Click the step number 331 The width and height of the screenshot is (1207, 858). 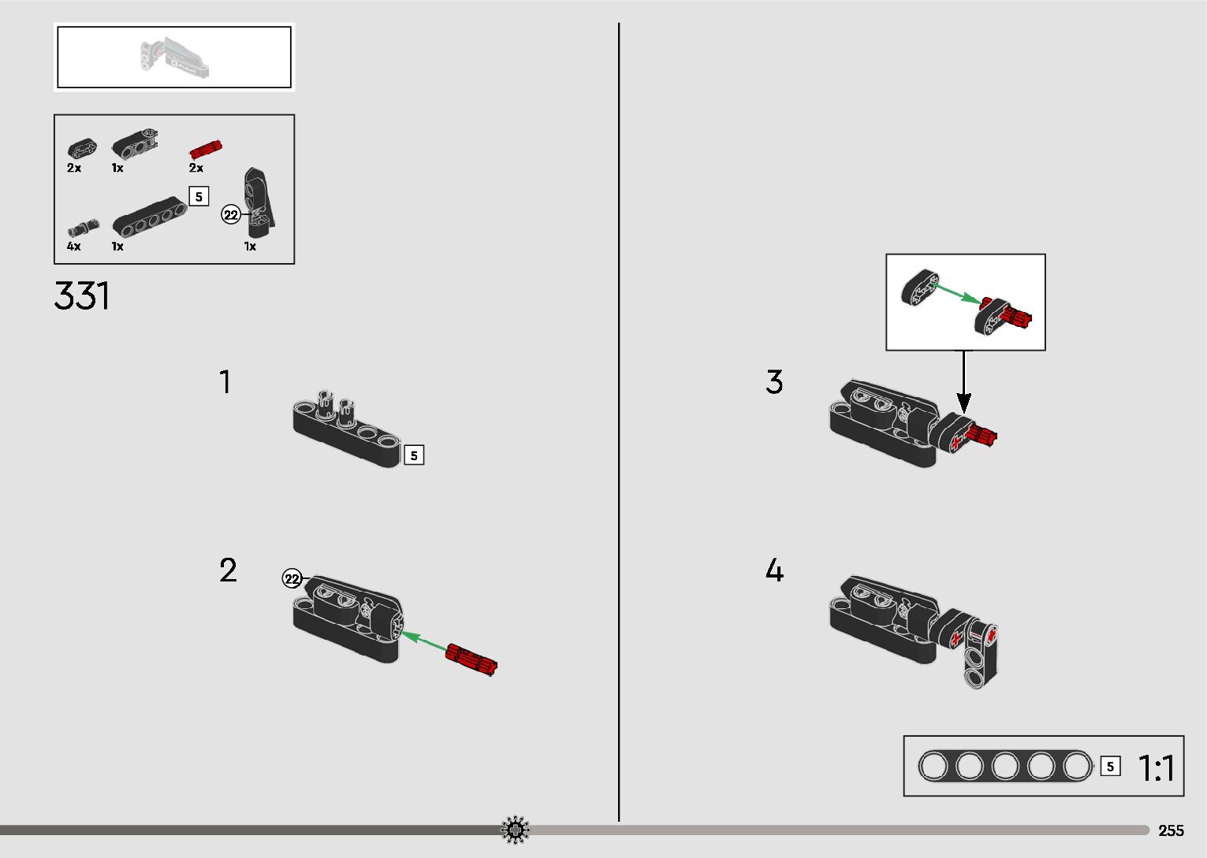tap(81, 295)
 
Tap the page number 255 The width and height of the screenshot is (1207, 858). tap(1171, 830)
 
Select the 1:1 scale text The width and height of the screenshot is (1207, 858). tap(1156, 767)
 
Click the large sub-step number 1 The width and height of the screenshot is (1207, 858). tap(225, 382)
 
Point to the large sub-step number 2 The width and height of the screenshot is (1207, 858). tap(228, 570)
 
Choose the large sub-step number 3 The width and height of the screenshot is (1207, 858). tap(774, 382)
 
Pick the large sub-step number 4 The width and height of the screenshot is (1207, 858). tap(774, 570)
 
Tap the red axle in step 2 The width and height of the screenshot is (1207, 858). tap(471, 659)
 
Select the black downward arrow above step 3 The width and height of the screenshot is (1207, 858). tap(964, 382)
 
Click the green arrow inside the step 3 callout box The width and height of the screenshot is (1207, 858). tap(958, 294)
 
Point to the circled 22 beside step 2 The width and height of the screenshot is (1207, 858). tap(292, 579)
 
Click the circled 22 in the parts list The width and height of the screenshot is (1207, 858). tap(231, 215)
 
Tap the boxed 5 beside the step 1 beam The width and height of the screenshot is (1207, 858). tap(414, 455)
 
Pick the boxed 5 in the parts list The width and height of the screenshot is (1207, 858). tap(199, 197)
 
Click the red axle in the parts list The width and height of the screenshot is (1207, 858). tap(206, 149)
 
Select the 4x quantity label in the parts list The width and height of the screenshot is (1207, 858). tap(74, 246)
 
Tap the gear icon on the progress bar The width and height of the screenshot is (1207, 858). tap(515, 830)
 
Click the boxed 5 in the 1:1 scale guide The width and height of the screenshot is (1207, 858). tap(1110, 767)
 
